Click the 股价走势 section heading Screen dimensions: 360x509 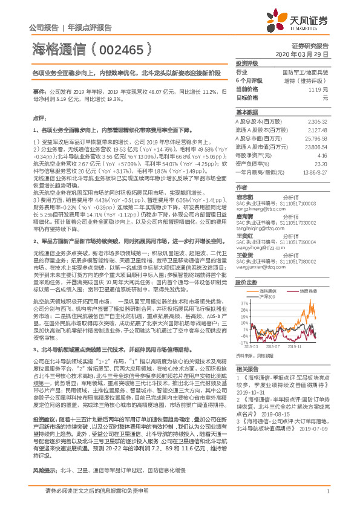tap(247, 283)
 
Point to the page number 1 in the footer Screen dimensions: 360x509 tap(327, 491)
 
